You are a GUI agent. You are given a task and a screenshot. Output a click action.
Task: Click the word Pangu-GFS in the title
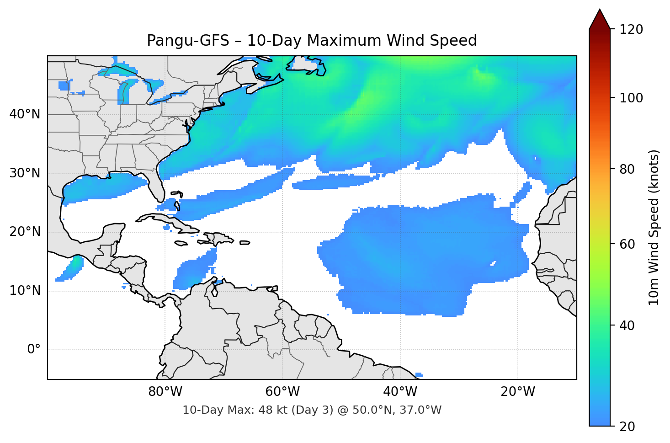click(188, 41)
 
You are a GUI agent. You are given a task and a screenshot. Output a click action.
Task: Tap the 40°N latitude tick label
click(25, 114)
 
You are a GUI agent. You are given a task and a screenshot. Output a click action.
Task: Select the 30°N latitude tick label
click(25, 173)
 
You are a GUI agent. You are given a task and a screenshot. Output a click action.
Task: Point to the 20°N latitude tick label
click(25, 232)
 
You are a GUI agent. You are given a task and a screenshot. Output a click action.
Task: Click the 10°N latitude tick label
click(25, 291)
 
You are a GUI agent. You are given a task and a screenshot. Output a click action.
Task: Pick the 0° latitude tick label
click(33, 350)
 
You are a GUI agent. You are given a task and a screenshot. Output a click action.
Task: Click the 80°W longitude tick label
click(165, 392)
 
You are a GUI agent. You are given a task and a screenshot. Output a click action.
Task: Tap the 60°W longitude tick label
click(282, 392)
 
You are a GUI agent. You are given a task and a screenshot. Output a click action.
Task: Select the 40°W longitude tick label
click(400, 392)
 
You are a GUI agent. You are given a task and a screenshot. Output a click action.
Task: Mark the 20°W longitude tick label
click(517, 392)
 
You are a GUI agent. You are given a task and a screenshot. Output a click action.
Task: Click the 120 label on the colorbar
click(631, 30)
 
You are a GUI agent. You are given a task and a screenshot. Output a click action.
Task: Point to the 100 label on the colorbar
click(631, 98)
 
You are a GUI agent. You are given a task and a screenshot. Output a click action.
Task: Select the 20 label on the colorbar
click(627, 427)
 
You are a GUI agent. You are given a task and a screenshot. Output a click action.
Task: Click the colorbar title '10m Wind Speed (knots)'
click(654, 227)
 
